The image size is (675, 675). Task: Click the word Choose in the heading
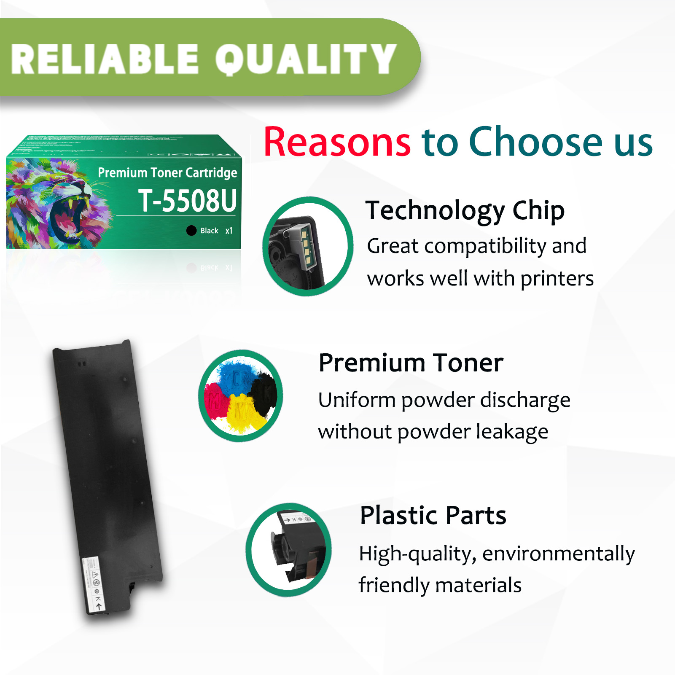pyautogui.click(x=535, y=143)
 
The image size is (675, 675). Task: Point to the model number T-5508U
pyautogui.click(x=187, y=201)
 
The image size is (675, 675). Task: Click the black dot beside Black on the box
pyautogui.click(x=191, y=230)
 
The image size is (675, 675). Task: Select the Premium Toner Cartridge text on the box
pyautogui.click(x=167, y=172)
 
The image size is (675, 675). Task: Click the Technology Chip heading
pyautogui.click(x=465, y=211)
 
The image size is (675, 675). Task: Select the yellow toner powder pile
pyautogui.click(x=242, y=415)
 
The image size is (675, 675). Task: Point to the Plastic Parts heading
pyautogui.click(x=433, y=515)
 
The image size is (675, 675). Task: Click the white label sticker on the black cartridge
pyautogui.click(x=93, y=584)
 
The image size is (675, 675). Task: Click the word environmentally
pyautogui.click(x=558, y=554)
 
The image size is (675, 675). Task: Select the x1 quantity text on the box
pyautogui.click(x=229, y=231)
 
